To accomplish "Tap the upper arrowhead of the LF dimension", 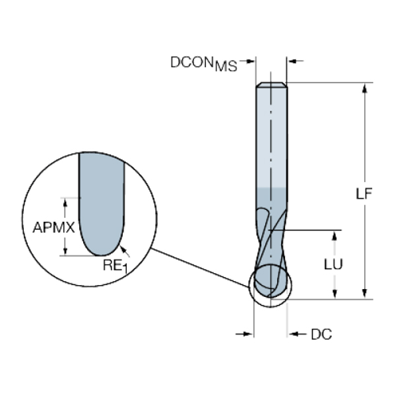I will (364, 88).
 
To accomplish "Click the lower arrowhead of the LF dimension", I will (364, 294).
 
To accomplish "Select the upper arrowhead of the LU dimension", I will (336, 236).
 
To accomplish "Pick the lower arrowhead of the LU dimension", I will (336, 294).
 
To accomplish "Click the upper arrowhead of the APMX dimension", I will (65, 201).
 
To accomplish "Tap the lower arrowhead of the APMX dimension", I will (65, 250).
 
